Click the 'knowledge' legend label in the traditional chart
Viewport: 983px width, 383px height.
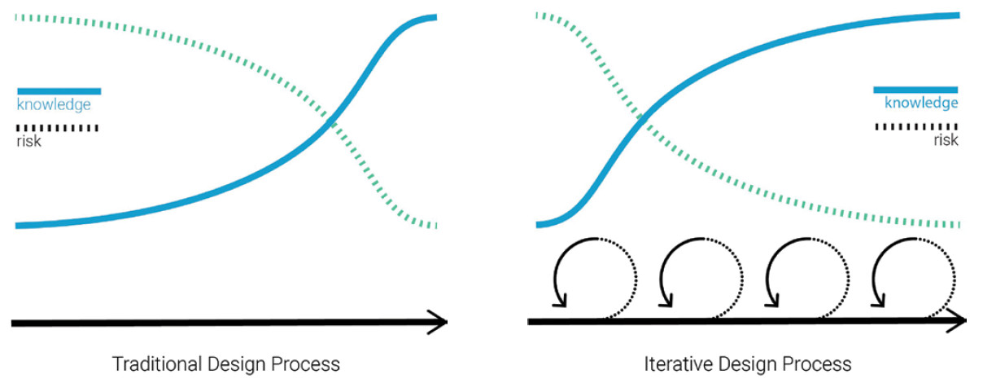[x=54, y=104]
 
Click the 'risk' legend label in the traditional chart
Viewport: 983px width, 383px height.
[x=28, y=141]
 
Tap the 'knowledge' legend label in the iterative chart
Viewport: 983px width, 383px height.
[x=921, y=103]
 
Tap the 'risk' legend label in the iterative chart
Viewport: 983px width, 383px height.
[x=946, y=140]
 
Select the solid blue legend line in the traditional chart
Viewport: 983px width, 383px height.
[x=59, y=90]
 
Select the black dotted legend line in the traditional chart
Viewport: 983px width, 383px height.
[x=57, y=128]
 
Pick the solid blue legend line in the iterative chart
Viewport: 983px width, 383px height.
[x=915, y=90]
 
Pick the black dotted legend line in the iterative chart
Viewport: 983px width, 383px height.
[x=915, y=127]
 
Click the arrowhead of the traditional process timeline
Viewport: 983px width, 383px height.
[x=439, y=323]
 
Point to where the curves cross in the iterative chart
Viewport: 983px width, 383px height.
[x=642, y=119]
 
